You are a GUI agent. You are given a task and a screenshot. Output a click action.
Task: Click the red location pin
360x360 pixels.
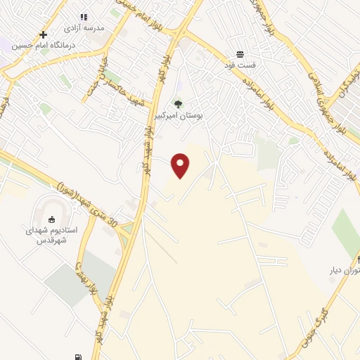[x=181, y=165]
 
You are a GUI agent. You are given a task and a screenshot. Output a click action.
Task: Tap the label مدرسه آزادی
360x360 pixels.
[x=84, y=27]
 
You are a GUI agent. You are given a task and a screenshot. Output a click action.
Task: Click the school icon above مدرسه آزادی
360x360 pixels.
[x=84, y=16]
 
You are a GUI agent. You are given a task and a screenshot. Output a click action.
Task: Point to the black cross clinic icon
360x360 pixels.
[x=44, y=34]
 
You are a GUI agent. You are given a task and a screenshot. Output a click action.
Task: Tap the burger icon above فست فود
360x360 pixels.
[x=240, y=54]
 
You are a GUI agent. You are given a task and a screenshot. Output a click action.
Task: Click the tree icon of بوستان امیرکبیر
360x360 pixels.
[x=178, y=105]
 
